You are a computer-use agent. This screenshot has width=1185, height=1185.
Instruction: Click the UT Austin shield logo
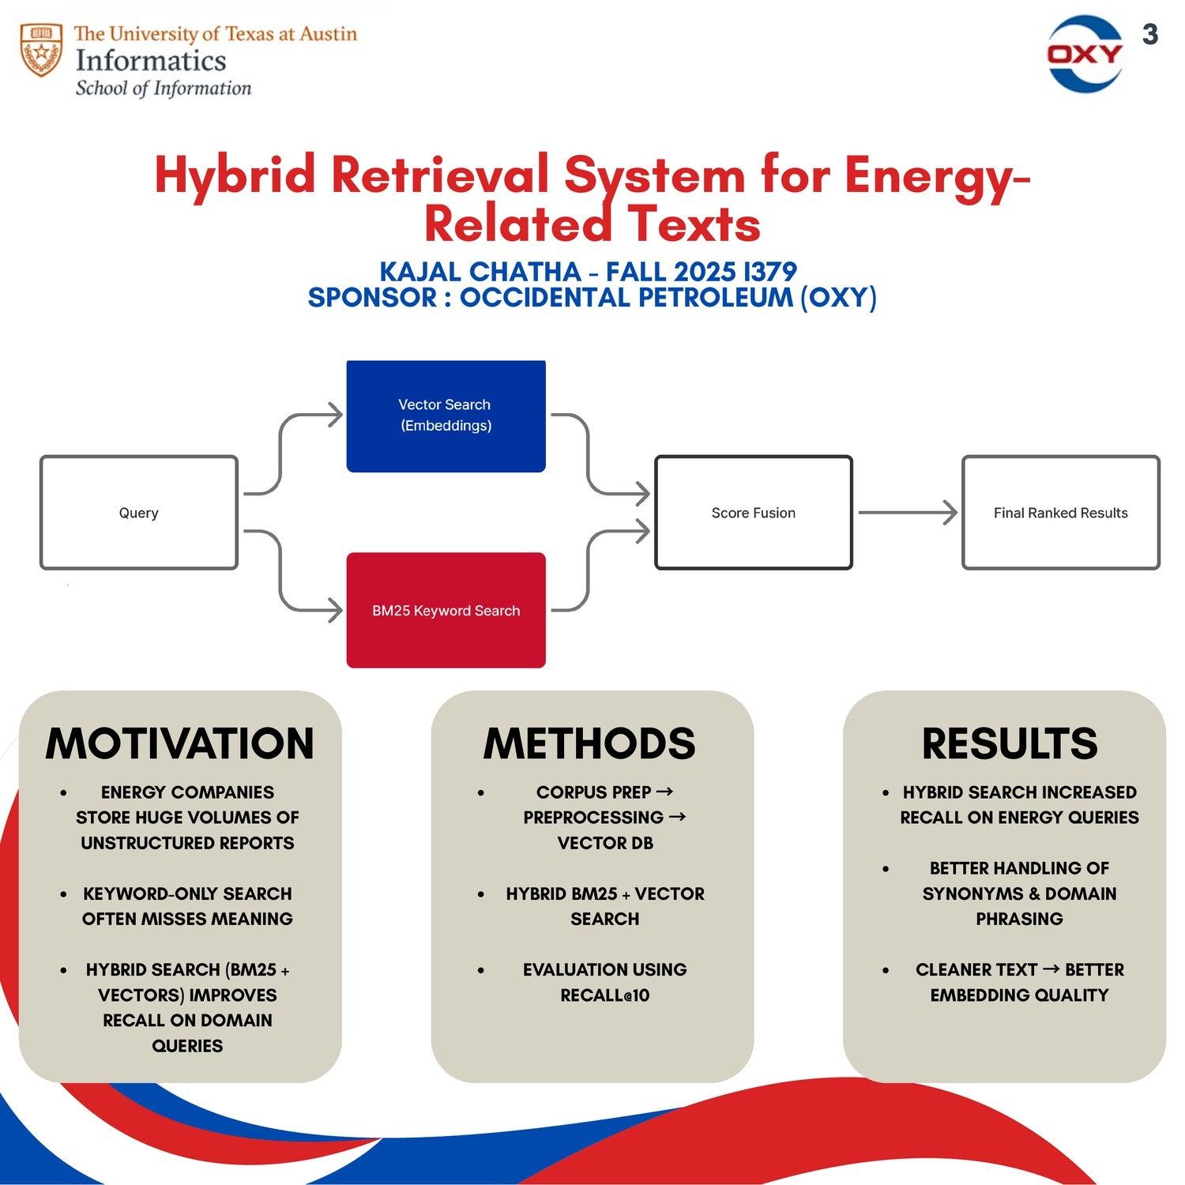pos(41,50)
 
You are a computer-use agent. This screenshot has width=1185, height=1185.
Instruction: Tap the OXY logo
pos(1085,54)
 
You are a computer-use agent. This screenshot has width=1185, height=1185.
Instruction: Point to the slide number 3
pos(1150,35)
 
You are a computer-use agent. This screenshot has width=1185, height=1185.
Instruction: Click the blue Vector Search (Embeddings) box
pos(446,416)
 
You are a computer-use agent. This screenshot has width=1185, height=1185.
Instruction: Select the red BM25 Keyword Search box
pos(446,610)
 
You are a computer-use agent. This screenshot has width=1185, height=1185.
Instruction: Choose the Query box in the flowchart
pos(139,513)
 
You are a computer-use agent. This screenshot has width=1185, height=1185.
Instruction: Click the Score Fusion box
pos(753,513)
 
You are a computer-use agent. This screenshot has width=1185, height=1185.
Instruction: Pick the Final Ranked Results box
pos(1060,513)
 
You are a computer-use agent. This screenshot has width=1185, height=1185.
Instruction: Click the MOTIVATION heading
pos(180,743)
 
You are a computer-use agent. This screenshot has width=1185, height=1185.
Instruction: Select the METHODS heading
pos(589,743)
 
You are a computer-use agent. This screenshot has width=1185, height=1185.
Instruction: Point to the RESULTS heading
pos(1010,743)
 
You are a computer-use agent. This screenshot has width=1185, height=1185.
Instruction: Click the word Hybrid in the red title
pos(235,175)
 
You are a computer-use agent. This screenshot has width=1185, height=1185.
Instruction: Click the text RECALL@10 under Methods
pos(605,995)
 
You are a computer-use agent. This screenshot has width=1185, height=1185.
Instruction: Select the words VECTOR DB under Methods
pos(605,843)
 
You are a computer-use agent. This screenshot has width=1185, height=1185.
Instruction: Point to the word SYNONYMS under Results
pos(972,893)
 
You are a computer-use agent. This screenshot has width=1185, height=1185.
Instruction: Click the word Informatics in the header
pos(151,61)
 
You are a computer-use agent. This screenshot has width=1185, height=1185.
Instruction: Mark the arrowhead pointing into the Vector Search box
pos(337,414)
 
